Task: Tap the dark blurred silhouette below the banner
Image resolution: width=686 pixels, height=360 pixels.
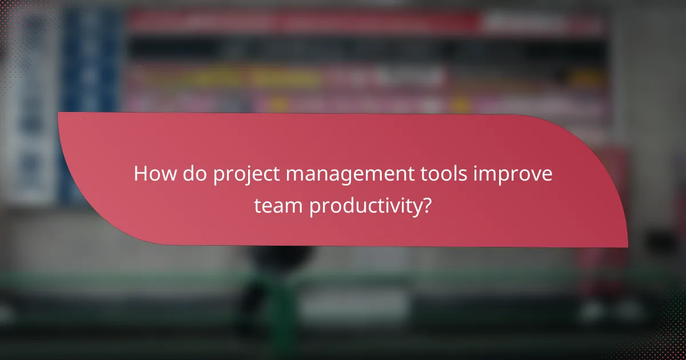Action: (274, 274)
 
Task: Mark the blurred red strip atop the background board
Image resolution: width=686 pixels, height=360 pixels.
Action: (303, 22)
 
